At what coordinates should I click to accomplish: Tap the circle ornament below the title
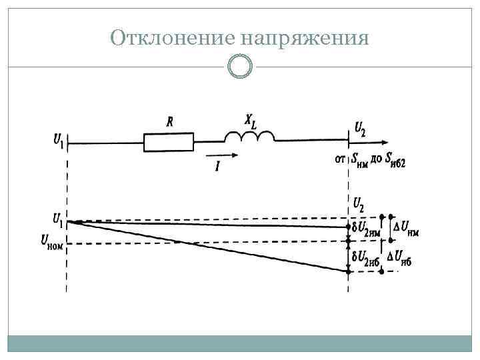[239, 66]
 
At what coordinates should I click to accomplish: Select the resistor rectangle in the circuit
[169, 141]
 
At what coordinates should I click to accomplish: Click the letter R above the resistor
[170, 122]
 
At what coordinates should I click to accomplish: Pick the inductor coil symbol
[249, 137]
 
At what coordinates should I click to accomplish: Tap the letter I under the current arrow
[217, 166]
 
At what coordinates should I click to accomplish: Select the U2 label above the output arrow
[360, 127]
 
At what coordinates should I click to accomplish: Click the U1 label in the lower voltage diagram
[58, 218]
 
